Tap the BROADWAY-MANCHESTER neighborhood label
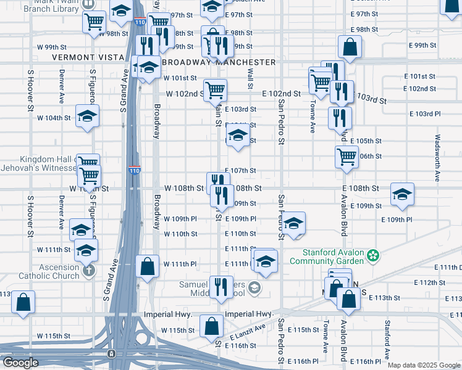point(218,62)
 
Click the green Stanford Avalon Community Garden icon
point(373,254)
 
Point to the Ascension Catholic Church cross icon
point(89,269)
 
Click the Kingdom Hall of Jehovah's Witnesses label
point(41,164)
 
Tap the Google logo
point(20,363)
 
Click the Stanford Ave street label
point(387,339)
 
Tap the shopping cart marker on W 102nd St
point(215,90)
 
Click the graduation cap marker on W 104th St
point(87,115)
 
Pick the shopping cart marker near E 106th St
point(347,156)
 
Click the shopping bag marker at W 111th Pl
point(147,266)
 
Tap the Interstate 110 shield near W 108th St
point(135,170)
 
